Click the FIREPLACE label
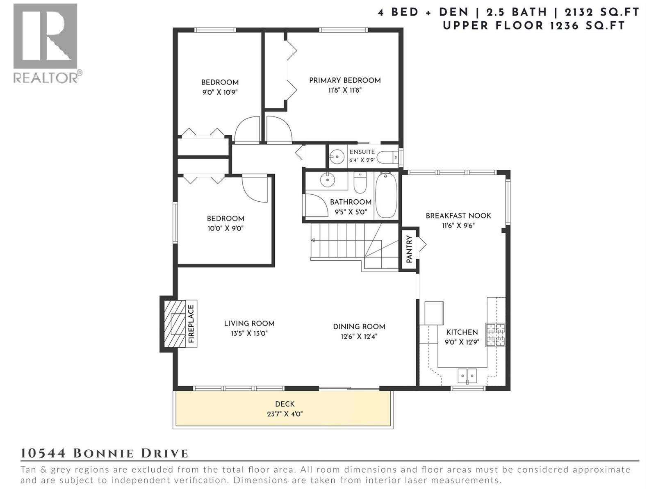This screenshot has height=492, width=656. (191, 324)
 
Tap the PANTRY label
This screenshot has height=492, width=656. (409, 249)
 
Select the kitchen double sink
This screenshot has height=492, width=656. (467, 375)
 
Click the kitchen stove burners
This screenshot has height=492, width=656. (495, 335)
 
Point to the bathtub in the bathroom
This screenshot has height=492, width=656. (386, 196)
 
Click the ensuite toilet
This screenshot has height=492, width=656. (387, 157)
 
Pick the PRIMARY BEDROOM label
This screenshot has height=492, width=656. (345, 80)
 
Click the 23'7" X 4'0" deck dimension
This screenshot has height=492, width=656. (285, 414)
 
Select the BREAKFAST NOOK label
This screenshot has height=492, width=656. (458, 216)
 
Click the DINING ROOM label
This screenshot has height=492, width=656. (359, 327)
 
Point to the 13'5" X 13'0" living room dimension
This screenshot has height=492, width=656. (249, 333)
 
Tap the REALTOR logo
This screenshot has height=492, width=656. (46, 43)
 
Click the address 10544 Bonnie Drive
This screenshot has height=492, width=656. (105, 453)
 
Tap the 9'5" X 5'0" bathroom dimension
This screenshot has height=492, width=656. (351, 212)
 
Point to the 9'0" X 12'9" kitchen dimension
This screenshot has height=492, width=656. (462, 342)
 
